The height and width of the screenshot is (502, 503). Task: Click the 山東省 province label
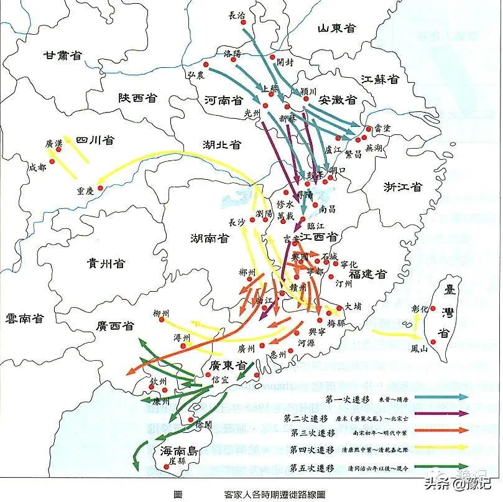pyautogui.click(x=336, y=28)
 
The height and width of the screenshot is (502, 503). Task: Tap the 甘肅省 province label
pyautogui.click(x=63, y=55)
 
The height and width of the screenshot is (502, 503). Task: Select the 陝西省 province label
pyautogui.click(x=137, y=98)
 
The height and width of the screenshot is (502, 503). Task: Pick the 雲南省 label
pyautogui.click(x=24, y=318)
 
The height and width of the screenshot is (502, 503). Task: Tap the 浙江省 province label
pyautogui.click(x=403, y=187)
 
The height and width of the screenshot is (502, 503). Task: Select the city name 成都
pyautogui.click(x=37, y=167)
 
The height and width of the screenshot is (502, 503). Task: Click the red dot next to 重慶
pyautogui.click(x=99, y=186)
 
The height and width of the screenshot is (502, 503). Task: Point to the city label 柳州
pyautogui.click(x=161, y=314)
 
